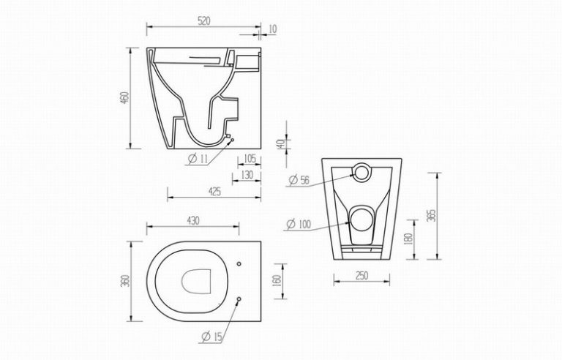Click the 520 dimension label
click(203, 21)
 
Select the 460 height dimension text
click(124, 98)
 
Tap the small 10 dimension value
click(272, 29)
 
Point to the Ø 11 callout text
click(198, 158)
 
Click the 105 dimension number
click(250, 158)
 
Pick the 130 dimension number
click(247, 175)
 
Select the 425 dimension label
click(214, 192)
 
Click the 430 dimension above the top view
click(193, 221)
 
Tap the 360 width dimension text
click(124, 281)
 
